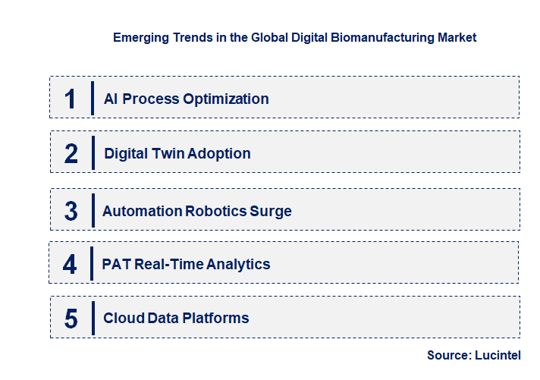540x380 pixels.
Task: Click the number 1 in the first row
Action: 71,99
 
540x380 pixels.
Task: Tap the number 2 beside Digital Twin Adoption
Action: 71,153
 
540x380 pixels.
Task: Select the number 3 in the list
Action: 71,211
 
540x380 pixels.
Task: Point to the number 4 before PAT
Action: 71,264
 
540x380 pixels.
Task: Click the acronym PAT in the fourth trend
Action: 115,264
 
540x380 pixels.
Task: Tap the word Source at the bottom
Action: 448,355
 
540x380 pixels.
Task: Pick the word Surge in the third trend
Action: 271,211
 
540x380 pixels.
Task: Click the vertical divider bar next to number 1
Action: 92,99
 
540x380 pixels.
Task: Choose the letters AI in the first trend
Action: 110,99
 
